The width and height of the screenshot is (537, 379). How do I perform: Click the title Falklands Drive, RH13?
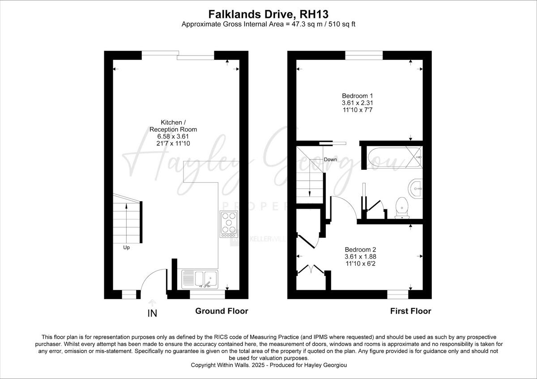tap(268, 14)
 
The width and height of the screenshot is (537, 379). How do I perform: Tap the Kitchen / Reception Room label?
tap(173, 126)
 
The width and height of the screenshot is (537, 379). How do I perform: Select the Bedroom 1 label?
tap(357, 96)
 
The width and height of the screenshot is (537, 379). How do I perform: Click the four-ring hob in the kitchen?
tap(229, 224)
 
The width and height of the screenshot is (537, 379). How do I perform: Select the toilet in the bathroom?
tap(401, 208)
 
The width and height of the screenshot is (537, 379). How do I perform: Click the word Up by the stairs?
tap(127, 247)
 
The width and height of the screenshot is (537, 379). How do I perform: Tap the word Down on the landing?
tap(330, 160)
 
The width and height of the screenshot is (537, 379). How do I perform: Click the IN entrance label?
tap(152, 313)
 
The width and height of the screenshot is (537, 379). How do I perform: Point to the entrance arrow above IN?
tap(152, 303)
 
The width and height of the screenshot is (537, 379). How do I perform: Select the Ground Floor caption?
tap(222, 311)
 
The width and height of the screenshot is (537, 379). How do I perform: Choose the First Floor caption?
tap(410, 311)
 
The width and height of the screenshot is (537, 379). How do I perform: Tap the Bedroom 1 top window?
tap(364, 55)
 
